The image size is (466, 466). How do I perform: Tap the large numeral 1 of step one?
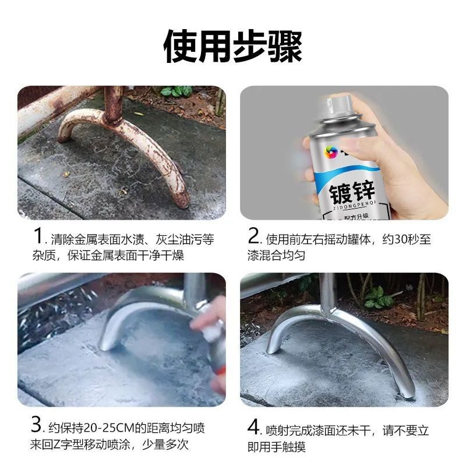38,238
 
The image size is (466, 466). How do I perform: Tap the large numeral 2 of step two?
254,238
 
